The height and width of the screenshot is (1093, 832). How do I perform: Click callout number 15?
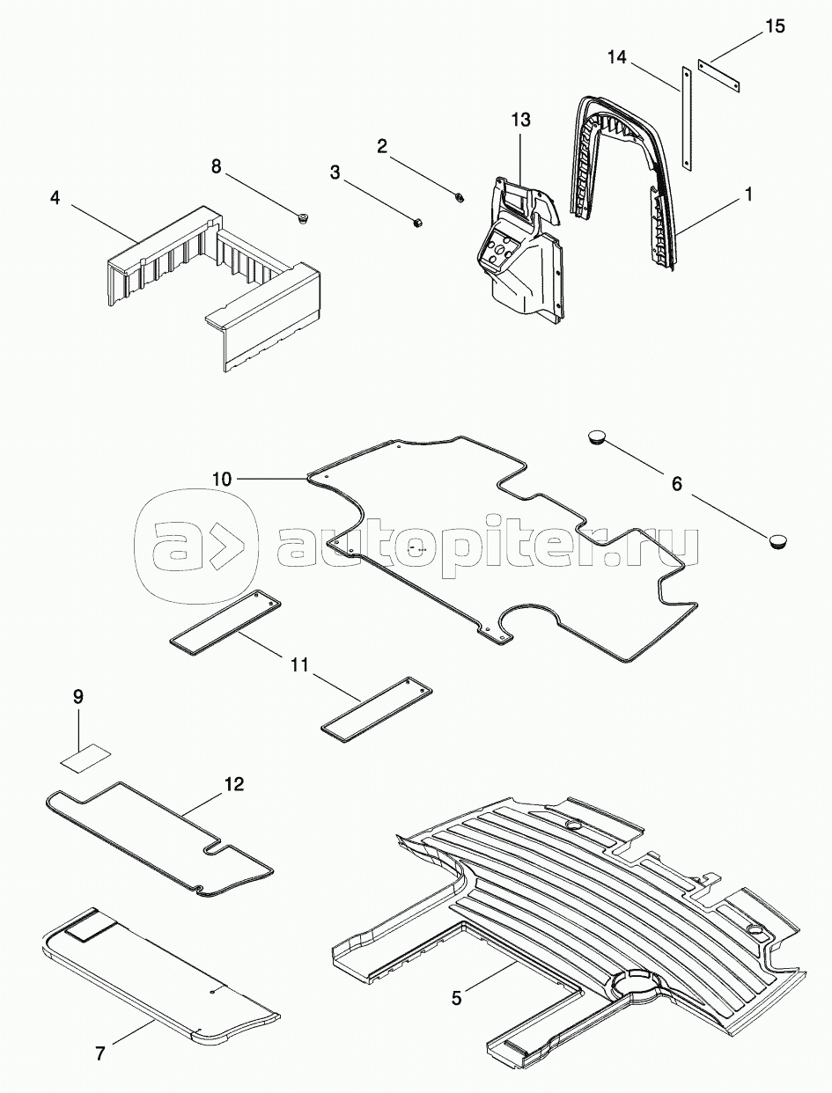pyautogui.click(x=774, y=26)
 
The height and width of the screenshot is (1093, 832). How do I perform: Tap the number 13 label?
pyautogui.click(x=522, y=119)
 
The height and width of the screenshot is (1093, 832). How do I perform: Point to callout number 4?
pyautogui.click(x=55, y=198)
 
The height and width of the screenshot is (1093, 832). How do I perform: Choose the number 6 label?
pyautogui.click(x=677, y=484)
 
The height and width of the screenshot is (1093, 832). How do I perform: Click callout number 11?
pyautogui.click(x=299, y=664)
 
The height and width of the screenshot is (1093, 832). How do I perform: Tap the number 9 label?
pyautogui.click(x=78, y=696)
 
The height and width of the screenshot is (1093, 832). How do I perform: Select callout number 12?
pyautogui.click(x=234, y=782)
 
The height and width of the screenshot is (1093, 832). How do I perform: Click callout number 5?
pyautogui.click(x=456, y=997)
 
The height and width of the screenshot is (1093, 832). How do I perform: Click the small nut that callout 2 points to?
pyautogui.click(x=460, y=196)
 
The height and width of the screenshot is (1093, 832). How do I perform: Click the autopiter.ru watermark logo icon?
pyautogui.click(x=196, y=542)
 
